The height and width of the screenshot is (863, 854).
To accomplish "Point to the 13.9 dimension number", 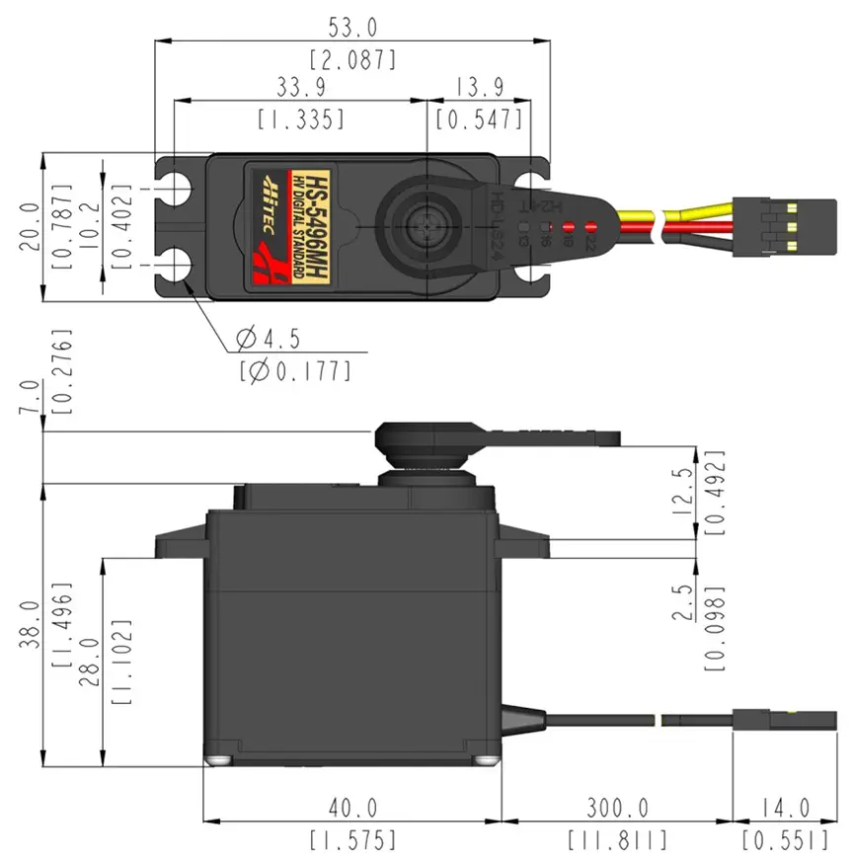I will click(x=477, y=86).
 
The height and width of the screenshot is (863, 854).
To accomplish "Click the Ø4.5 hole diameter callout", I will click(x=268, y=341).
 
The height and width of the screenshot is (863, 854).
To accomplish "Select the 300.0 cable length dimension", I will click(x=616, y=809).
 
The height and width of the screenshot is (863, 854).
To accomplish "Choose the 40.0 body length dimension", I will click(x=351, y=809).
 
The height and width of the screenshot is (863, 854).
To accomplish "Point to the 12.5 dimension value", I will click(x=680, y=488).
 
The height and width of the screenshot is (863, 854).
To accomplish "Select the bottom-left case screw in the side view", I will click(x=217, y=760).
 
